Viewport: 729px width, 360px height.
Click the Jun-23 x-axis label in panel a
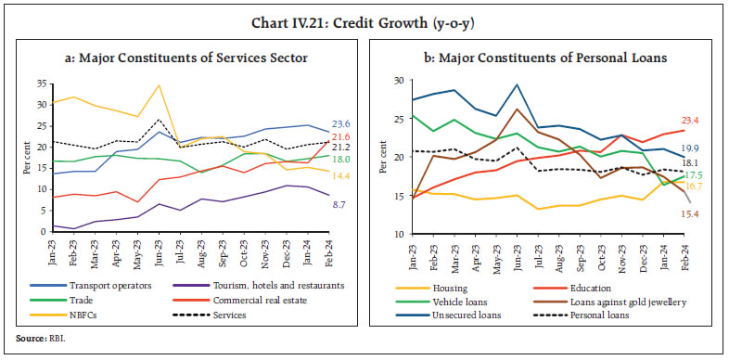point(160,251)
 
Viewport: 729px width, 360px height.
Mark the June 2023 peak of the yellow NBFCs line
point(160,85)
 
